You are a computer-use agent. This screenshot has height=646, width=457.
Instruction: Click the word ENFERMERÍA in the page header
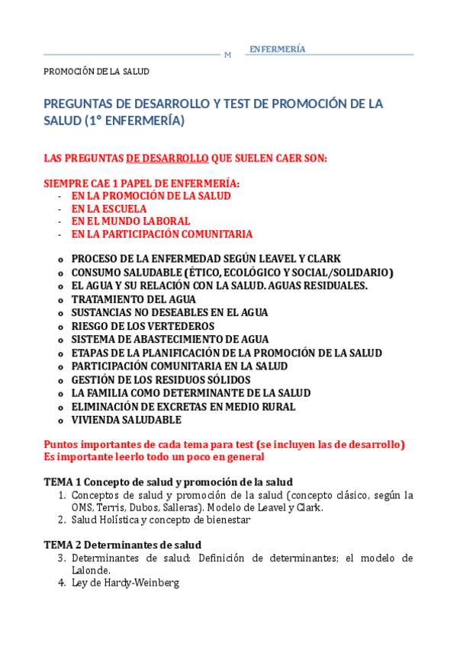click(277, 50)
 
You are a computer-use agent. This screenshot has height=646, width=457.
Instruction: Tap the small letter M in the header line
click(227, 55)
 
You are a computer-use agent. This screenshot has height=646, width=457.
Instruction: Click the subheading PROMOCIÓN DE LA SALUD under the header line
click(96, 72)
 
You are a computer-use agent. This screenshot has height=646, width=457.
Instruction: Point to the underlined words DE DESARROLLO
click(167, 158)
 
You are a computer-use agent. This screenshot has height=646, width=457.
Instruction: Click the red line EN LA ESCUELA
click(109, 209)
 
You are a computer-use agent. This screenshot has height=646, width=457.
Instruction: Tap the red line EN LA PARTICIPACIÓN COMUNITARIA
click(162, 234)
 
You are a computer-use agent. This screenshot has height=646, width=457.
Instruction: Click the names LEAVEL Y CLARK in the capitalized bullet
click(301, 259)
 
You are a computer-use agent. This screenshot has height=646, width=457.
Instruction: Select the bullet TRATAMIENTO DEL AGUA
click(134, 299)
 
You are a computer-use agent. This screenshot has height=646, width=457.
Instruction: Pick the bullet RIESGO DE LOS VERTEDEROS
click(143, 326)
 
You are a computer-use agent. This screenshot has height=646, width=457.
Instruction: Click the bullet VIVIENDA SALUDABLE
click(126, 420)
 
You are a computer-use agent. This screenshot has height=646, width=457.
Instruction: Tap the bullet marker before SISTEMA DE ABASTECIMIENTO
click(60, 340)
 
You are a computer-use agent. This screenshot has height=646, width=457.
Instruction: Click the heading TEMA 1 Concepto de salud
click(168, 481)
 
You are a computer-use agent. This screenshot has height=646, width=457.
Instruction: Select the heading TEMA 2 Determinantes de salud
click(122, 545)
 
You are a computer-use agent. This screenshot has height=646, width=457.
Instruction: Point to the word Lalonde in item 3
click(91, 571)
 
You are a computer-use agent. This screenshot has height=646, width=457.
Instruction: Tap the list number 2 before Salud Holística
click(62, 520)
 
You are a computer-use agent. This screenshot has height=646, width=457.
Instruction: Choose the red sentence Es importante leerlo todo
click(154, 457)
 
